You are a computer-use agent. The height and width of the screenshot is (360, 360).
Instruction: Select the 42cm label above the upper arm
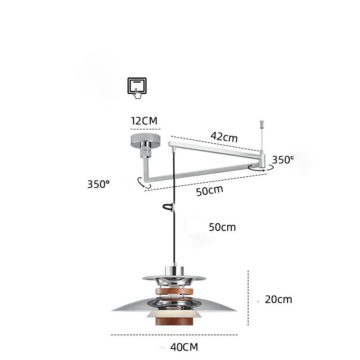coord(224,136)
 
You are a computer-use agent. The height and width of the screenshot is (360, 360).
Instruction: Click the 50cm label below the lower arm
coord(209,190)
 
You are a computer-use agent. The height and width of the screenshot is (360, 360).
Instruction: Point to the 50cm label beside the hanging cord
coord(222,227)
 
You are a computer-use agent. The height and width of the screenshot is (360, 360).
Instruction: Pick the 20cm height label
coord(278,299)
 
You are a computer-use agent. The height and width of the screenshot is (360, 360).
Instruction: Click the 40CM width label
coord(184,347)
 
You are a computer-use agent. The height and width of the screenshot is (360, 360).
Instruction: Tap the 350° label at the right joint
coord(282,159)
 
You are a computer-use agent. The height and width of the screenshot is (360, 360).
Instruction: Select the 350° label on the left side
coord(99,184)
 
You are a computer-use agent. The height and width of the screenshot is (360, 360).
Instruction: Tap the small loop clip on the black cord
coord(168,207)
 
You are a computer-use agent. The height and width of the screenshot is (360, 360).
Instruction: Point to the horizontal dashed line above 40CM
coord(174,335)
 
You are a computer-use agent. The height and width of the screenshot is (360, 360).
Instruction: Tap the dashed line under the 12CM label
coord(145,129)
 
